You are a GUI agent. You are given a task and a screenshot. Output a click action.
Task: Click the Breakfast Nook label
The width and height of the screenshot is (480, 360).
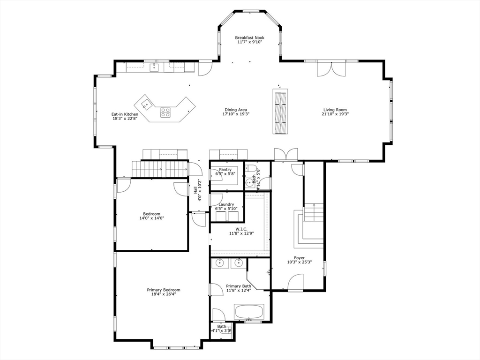pyautogui.click(x=249, y=37)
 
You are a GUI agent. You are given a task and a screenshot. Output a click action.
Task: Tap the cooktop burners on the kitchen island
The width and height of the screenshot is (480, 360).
pyautogui.click(x=166, y=112)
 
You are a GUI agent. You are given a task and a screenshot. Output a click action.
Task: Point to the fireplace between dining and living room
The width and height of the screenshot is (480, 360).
pyautogui.click(x=280, y=111)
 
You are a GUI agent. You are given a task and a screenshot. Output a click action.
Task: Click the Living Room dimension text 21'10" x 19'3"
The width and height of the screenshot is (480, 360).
pyautogui.click(x=335, y=114)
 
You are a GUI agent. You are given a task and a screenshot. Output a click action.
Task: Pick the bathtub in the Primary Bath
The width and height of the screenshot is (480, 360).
pyautogui.click(x=249, y=311)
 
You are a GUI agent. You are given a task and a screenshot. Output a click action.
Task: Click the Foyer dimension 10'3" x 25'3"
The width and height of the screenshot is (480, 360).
pyautogui.click(x=299, y=262)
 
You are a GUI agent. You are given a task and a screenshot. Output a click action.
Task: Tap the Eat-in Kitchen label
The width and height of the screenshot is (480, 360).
pyautogui.click(x=125, y=114)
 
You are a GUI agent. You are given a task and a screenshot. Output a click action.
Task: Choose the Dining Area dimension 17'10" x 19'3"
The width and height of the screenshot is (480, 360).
pyautogui.click(x=236, y=114)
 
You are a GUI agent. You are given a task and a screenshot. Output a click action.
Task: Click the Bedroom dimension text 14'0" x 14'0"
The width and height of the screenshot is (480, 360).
pyautogui.click(x=152, y=218)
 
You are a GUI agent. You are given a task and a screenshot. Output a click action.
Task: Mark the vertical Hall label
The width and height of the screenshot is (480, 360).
pyautogui.click(x=195, y=190)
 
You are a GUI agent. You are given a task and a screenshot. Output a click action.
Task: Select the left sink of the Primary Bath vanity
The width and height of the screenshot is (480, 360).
pyautogui.click(x=220, y=263)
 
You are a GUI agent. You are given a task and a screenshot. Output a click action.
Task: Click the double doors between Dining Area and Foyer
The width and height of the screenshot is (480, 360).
pyautogui.click(x=285, y=155)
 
